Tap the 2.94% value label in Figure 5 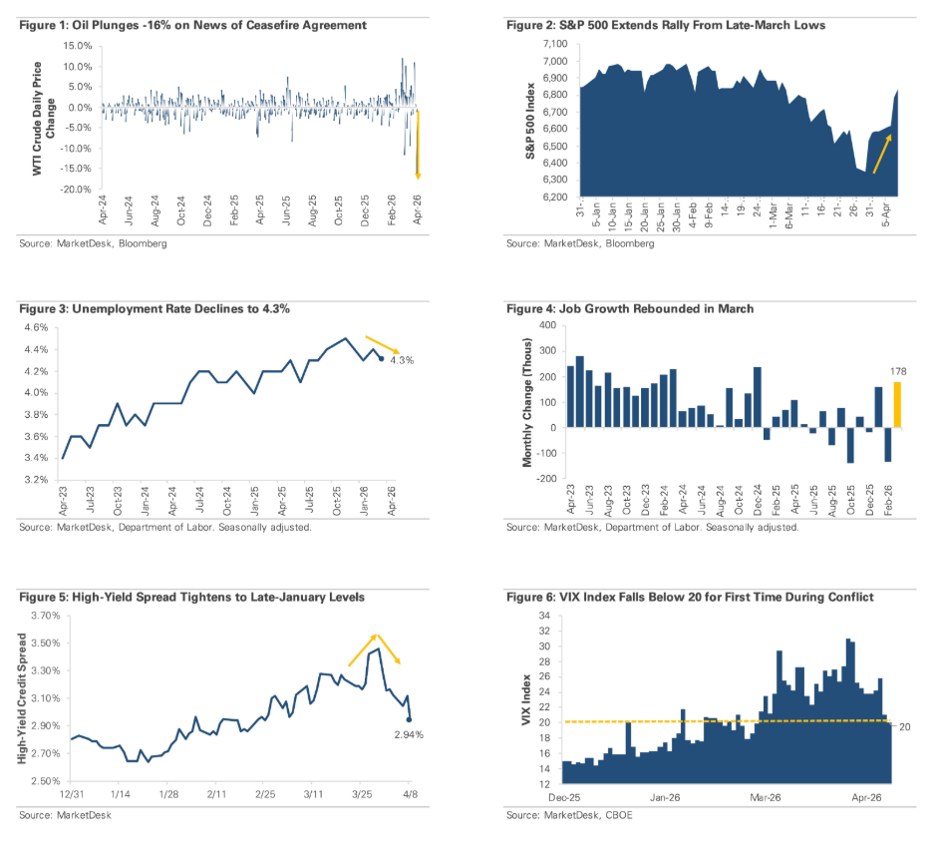pos(409,734)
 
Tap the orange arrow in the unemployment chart pos(383,343)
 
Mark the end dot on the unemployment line pos(381,359)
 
